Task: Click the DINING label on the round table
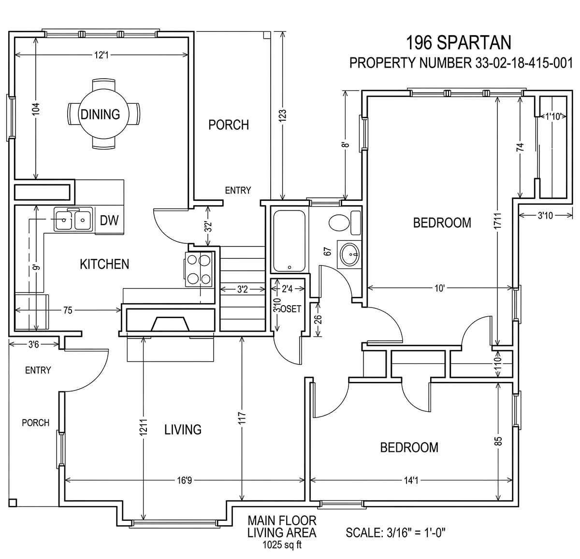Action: pos(100,114)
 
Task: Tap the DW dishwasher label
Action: pos(109,221)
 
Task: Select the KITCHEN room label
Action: pos(104,264)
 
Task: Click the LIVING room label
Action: pos(183,430)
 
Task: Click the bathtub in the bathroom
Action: pos(289,241)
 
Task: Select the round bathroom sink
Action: pos(349,254)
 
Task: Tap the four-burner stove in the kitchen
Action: pos(199,269)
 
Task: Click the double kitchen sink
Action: pos(73,219)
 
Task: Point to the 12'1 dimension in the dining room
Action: pos(101,55)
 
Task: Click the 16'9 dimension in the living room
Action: pos(185,480)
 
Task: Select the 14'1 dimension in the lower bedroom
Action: pos(411,480)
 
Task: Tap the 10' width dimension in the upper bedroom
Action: pos(440,288)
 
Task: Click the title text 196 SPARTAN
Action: pos(459,42)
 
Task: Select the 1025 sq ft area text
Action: pos(282,545)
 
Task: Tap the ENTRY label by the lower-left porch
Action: pos(38,370)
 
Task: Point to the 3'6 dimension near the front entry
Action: pos(33,344)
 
